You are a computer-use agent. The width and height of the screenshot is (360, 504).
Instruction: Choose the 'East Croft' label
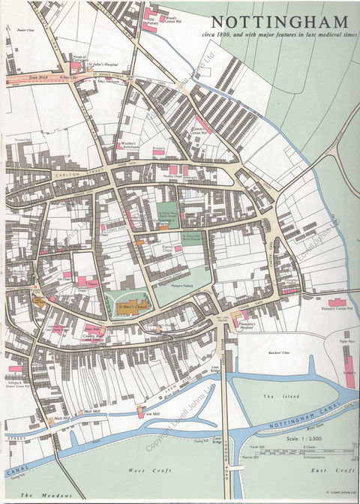pyautogui.click(x=332, y=469)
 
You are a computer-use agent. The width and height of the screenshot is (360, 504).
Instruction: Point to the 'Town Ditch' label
pyautogui.click(x=38, y=77)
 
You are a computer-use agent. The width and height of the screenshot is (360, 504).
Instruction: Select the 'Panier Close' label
pyautogui.click(x=27, y=31)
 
